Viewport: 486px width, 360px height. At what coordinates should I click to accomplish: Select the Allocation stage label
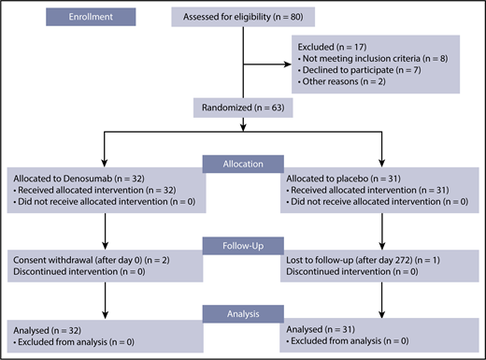coord(244,163)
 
